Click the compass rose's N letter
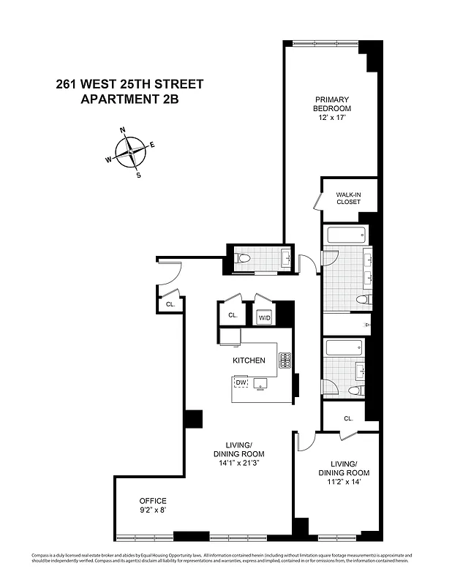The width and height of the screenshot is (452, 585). tap(122, 131)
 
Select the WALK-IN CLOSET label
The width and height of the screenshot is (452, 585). tap(348, 198)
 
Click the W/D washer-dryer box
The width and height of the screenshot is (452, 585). tap(264, 317)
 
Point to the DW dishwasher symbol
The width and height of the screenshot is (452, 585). tap(241, 382)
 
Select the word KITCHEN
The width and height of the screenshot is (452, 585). tap(249, 361)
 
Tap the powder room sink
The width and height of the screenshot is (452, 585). tap(286, 257)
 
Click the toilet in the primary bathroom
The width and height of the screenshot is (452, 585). tap(362, 301)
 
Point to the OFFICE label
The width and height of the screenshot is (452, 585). tap(153, 501)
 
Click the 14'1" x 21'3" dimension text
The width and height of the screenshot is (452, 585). tap(238, 463)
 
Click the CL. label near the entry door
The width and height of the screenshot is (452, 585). tap(170, 304)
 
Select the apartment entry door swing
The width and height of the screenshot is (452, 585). tap(170, 273)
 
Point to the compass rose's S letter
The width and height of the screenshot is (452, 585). tap(139, 175)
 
